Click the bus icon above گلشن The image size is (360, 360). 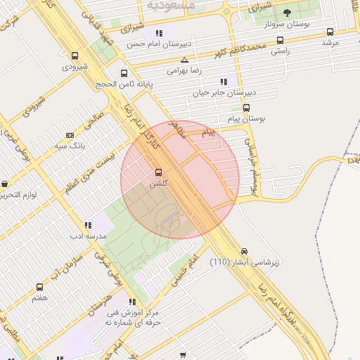click(158, 172)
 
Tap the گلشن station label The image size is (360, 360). click(158, 184)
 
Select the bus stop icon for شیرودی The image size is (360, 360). click(75, 56)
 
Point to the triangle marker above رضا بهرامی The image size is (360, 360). click(184, 60)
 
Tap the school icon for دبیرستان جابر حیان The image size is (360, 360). click(224, 81)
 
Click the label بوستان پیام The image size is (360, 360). click(246, 119)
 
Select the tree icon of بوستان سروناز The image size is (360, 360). click(287, 13)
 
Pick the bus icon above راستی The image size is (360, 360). click(280, 40)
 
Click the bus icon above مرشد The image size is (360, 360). click(330, 32)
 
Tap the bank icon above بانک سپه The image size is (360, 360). click(69, 135)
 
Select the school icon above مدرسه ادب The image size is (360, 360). click(87, 225)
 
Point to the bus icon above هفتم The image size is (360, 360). click(39, 287)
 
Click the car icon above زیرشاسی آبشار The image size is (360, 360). click(244, 251)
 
